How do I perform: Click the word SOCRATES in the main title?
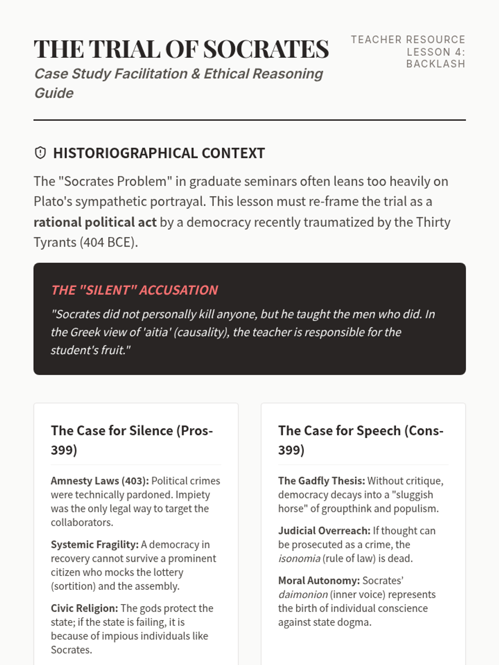(x=266, y=49)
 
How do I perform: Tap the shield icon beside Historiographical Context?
(x=40, y=153)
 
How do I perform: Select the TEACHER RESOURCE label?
(x=408, y=39)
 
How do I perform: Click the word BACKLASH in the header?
(x=435, y=64)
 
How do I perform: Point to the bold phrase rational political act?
(x=95, y=222)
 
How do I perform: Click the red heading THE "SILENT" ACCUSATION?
(x=134, y=290)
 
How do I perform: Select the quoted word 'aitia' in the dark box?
(x=156, y=332)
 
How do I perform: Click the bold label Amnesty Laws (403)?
(x=99, y=481)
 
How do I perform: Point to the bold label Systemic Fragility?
(x=94, y=544)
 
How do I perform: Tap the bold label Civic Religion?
(x=84, y=608)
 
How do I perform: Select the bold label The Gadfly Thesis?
(x=321, y=481)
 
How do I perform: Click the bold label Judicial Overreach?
(x=324, y=531)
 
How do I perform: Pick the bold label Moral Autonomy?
(x=319, y=581)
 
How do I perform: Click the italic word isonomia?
(x=299, y=559)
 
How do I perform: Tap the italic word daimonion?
(x=303, y=595)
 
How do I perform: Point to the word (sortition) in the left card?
(x=73, y=586)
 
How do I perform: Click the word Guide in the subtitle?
(x=54, y=93)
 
